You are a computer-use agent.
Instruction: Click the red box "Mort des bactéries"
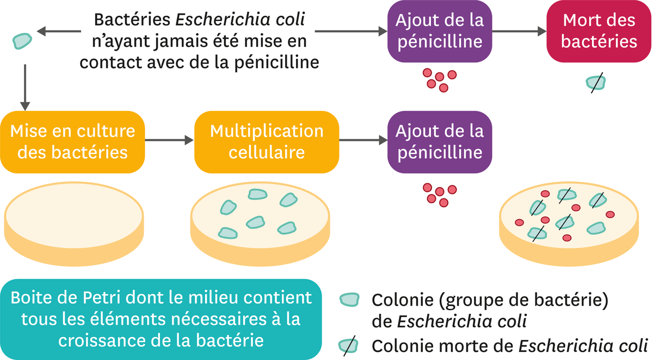tap(599, 32)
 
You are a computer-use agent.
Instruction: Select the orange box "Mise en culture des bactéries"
tap(73, 141)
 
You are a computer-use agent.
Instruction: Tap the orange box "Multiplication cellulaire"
tap(267, 141)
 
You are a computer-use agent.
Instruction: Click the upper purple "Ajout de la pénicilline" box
tap(439, 32)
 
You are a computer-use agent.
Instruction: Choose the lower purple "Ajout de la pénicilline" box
tap(439, 141)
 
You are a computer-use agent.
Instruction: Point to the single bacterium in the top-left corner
tap(21, 39)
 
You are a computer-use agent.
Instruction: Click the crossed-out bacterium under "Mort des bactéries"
tap(595, 82)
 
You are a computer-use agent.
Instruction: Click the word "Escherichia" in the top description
tap(239, 19)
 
